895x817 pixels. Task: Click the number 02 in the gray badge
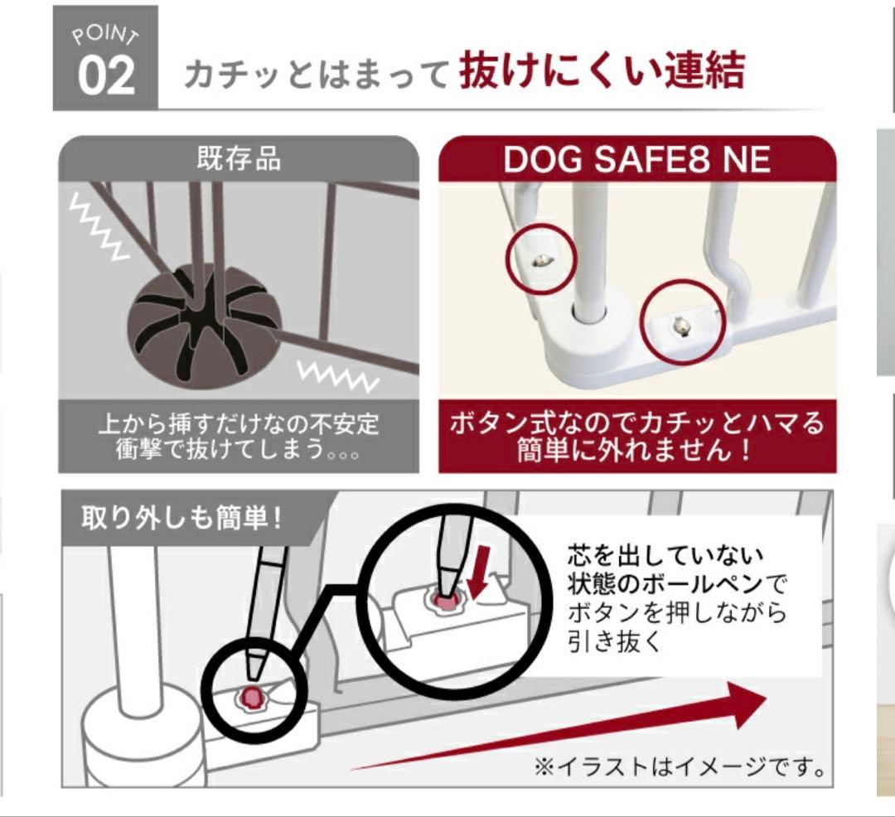point(106,76)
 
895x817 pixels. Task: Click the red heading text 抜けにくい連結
point(602,72)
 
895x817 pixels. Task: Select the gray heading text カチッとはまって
point(317,76)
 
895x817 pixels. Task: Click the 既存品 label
point(238,158)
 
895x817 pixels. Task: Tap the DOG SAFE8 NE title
point(636,159)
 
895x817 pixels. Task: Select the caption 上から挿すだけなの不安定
point(238,423)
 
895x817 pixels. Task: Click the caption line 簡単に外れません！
point(636,452)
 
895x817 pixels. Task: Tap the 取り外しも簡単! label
point(181,519)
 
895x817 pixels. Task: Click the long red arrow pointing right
point(580,729)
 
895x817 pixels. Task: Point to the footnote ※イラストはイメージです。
point(680,767)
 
